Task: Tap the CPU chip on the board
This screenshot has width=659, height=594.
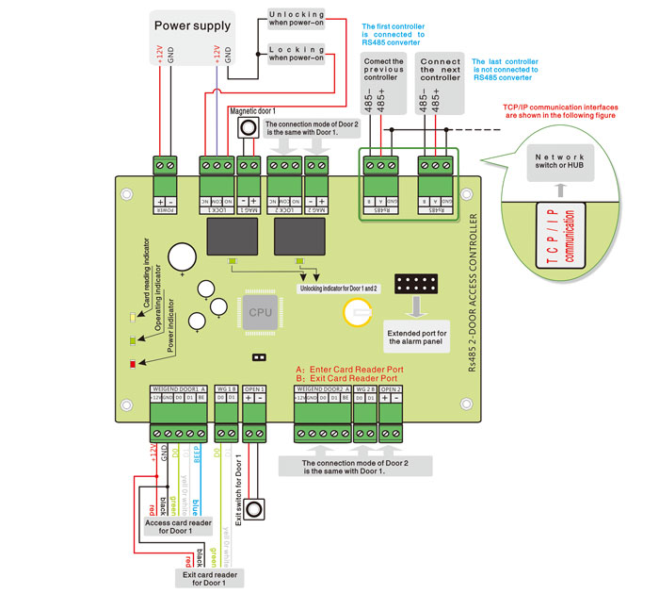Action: click(x=261, y=312)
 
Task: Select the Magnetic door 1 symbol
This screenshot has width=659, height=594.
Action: click(x=248, y=127)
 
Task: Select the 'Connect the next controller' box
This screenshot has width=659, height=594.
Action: click(x=440, y=70)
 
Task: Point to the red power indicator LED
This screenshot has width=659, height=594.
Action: click(x=134, y=363)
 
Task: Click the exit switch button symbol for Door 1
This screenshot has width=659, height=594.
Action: click(x=254, y=506)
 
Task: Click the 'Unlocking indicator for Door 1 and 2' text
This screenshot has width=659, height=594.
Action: click(x=338, y=288)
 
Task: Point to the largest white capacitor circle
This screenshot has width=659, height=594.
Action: click(x=181, y=256)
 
